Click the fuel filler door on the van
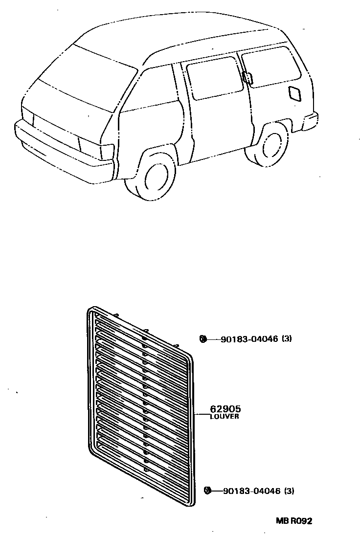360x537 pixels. pyautogui.click(x=295, y=93)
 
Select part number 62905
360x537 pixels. pyautogui.click(x=225, y=409)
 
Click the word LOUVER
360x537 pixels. pyautogui.click(x=225, y=417)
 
